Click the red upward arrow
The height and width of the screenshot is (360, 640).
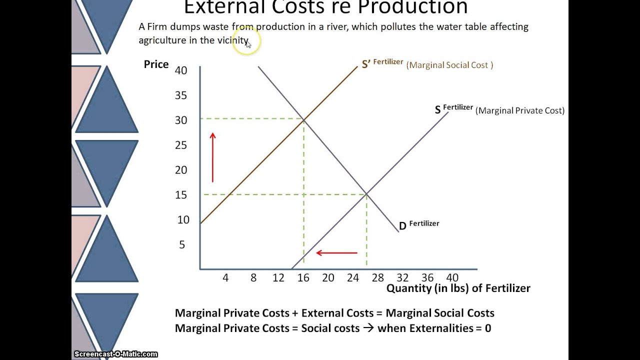[213, 157]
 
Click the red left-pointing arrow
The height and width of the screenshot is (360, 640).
[336, 253]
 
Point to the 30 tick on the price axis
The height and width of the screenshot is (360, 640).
[181, 120]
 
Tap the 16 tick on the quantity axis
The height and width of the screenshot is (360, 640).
[303, 277]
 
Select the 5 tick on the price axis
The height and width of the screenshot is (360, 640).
[182, 244]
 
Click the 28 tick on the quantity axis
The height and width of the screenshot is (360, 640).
[377, 277]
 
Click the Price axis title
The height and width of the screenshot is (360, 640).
[156, 64]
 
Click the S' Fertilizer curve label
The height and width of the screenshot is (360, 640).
[382, 64]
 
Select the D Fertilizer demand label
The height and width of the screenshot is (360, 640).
[418, 225]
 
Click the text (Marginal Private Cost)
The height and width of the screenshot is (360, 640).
[519, 110]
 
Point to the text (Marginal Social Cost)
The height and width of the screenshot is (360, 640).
[449, 65]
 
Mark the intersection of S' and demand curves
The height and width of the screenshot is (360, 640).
[303, 119]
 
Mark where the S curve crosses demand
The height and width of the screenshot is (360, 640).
[366, 193]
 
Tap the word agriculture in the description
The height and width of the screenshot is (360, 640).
[162, 40]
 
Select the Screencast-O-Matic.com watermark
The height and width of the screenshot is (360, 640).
[116, 354]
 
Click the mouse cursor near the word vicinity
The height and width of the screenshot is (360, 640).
[248, 44]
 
